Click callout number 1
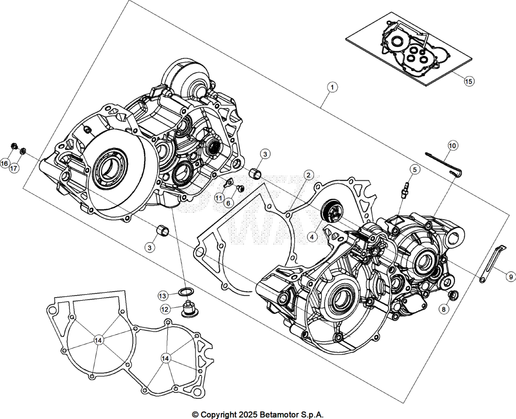point(333,87)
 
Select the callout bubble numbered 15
point(469,81)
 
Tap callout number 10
point(453,146)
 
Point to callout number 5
point(415,169)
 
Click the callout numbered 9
point(510,277)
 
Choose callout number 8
point(443,309)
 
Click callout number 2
point(308,175)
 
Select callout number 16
point(5,163)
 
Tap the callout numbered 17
point(14,168)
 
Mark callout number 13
point(163,296)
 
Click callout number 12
point(165,309)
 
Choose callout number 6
point(228,203)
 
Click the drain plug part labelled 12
point(188,310)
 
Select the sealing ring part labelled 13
point(186,291)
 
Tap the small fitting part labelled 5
point(405,190)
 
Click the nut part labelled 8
point(453,295)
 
